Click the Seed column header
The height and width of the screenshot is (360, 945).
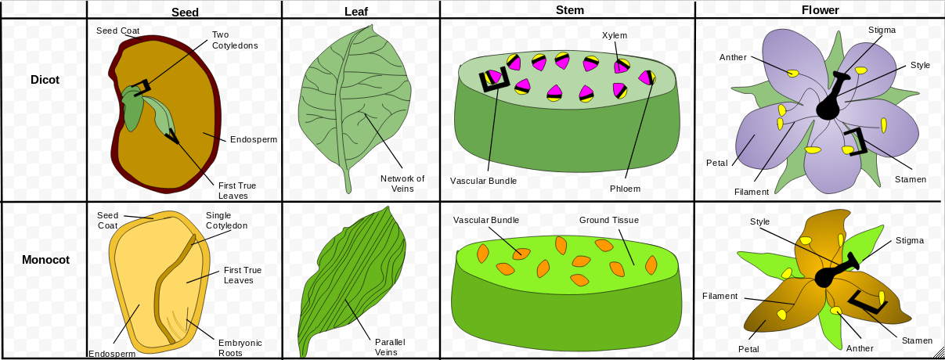(185, 12)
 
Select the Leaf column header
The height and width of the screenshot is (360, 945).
(356, 12)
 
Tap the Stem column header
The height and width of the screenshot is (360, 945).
(569, 10)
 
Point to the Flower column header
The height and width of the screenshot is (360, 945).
(820, 10)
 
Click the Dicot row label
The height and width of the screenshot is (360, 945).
(45, 80)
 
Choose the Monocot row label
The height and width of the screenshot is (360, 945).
(45, 260)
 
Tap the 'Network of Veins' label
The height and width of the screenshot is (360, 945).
(402, 183)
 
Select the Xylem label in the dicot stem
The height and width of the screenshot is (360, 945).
(615, 35)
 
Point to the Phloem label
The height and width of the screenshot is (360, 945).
(625, 189)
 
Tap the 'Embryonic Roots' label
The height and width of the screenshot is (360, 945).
(240, 347)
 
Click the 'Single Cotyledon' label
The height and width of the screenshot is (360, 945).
(226, 221)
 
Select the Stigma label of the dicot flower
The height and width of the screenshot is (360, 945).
(882, 30)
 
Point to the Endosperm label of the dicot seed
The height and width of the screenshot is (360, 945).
(254, 140)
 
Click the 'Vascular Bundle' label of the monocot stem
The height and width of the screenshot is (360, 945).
(486, 220)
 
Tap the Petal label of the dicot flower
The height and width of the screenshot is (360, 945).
(716, 164)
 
